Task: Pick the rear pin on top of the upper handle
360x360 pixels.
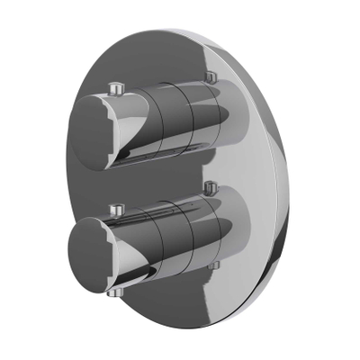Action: (x=211, y=77)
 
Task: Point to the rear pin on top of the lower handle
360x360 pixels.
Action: (x=210, y=187)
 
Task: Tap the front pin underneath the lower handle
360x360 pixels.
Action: (x=112, y=292)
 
